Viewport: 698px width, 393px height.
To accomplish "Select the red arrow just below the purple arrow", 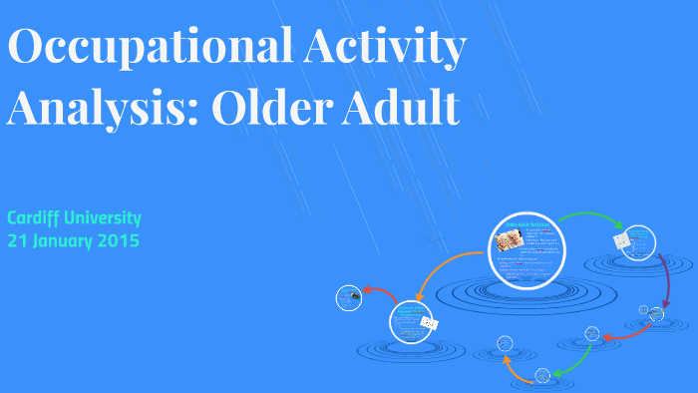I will pos(627,333).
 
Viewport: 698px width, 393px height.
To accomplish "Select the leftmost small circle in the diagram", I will pos(348,296).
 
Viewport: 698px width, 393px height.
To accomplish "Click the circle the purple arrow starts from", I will pos(635,242).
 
